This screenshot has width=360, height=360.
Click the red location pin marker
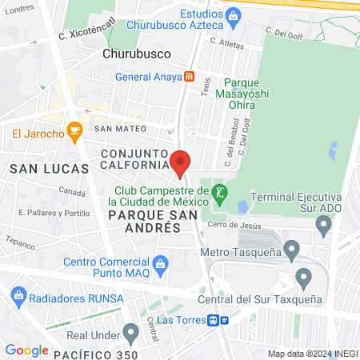click(x=180, y=163)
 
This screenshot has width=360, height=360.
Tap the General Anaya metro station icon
click(x=189, y=78)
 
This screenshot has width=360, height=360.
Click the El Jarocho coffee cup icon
click(x=74, y=130)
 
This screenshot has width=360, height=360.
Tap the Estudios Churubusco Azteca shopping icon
click(x=233, y=14)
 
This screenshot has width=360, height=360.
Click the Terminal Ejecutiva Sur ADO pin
click(x=323, y=226)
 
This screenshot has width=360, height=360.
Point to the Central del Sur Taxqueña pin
click(x=303, y=278)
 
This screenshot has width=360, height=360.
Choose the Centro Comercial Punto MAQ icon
click(x=160, y=263)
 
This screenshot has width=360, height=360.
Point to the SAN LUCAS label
click(x=37, y=169)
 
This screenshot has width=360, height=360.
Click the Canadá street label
click(x=72, y=193)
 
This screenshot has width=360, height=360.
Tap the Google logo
click(x=26, y=350)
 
